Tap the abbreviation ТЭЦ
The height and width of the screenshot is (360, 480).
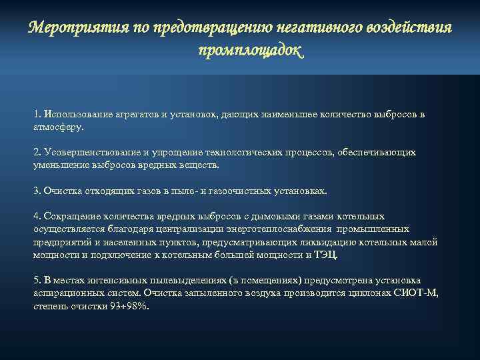pos(327,255)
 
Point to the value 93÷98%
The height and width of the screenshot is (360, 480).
pos(129,305)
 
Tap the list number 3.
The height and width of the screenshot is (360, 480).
pos(36,191)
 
